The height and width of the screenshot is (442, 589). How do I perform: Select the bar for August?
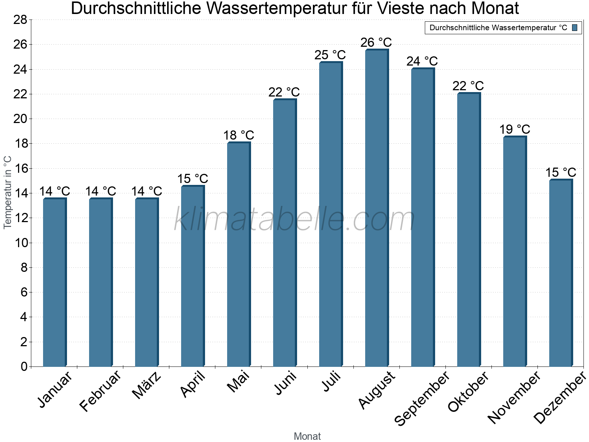377,208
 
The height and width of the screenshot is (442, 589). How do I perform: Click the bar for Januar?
54,283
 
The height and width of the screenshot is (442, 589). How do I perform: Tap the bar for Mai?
239,255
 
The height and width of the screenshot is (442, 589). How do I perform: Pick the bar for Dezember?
561,273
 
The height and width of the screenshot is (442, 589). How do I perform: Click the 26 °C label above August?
376,43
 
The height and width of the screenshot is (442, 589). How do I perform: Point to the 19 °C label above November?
514,130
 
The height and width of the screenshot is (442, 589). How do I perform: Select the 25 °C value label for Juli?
330,55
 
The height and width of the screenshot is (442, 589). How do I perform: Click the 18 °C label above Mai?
239,136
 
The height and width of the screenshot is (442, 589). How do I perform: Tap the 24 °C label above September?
422,61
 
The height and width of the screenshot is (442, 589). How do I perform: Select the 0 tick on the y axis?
24,366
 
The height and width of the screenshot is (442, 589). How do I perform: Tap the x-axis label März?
147,386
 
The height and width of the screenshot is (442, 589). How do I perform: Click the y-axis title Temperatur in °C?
8,192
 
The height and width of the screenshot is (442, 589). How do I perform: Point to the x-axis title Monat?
307,436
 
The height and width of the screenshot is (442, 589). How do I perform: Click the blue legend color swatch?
575,28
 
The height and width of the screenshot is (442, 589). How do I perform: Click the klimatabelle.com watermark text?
294,220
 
